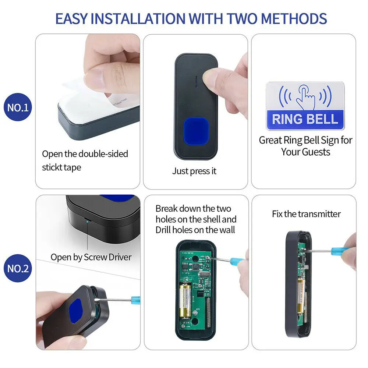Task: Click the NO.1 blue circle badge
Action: pos(17,108)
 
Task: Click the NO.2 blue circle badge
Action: pos(18,268)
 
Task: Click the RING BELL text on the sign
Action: pos(305,119)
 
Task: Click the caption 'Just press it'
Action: pos(194,171)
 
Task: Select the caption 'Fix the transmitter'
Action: pos(306,214)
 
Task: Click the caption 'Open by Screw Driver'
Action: pos(91,257)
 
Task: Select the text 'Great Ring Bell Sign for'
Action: pos(305,140)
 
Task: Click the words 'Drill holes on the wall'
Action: pos(195,230)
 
